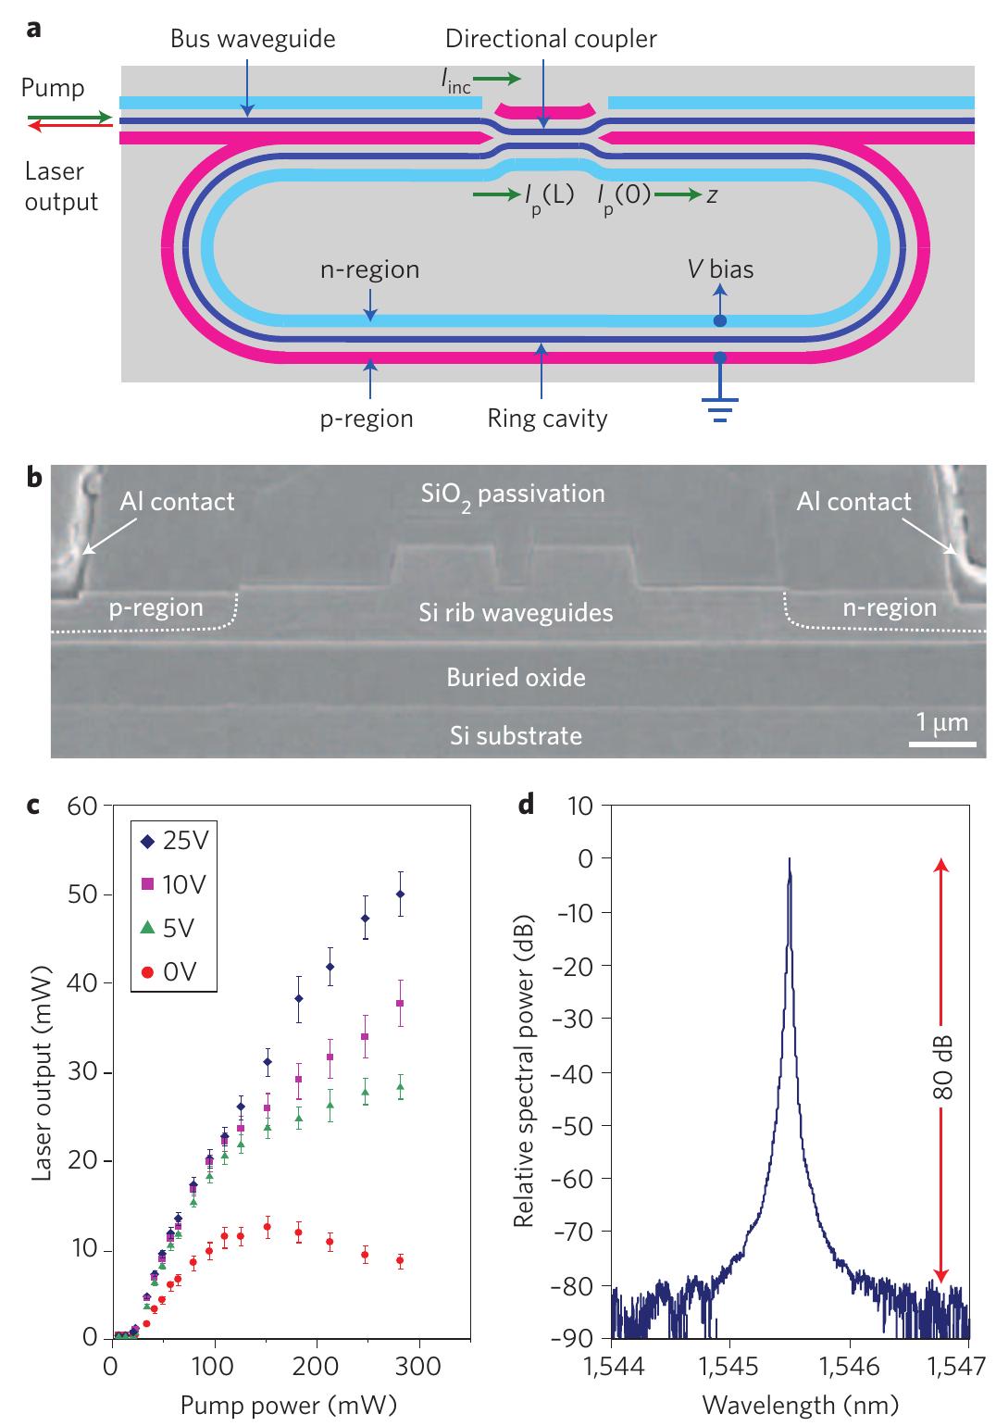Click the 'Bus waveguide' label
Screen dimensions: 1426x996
pos(253,39)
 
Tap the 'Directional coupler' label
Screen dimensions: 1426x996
pos(551,39)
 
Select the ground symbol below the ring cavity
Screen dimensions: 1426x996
pos(720,407)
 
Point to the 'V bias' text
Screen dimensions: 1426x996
pos(720,269)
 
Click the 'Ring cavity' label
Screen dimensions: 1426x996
pos(548,419)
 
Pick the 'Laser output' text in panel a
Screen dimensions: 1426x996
pos(61,186)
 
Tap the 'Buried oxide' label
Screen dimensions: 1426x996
pos(516,677)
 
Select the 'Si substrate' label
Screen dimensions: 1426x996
pos(516,736)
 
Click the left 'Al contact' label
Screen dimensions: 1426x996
pos(177,502)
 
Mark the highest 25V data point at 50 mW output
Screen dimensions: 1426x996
pos(401,894)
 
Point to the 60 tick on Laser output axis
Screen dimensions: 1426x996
pos(83,806)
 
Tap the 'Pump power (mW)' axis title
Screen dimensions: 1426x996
pos(288,1405)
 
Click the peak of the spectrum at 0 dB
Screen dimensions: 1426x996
pos(789,859)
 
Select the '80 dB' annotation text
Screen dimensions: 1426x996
pos(942,1067)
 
